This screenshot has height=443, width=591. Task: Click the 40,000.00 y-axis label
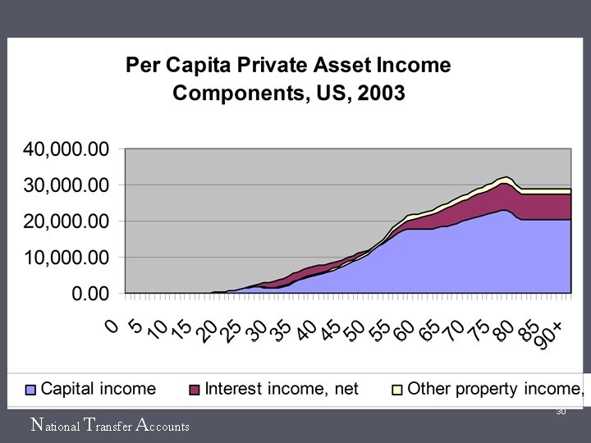66,149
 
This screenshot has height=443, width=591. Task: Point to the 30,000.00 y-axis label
66,185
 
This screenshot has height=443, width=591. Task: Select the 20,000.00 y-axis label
66,221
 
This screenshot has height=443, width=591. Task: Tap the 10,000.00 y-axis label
66,258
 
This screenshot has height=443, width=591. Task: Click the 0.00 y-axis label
90,294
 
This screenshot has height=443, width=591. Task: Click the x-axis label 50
355,331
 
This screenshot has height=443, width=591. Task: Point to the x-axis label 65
428,331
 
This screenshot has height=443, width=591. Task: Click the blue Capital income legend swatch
30,390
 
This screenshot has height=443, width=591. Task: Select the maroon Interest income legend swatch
194,390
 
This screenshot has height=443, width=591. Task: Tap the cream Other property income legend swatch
397,390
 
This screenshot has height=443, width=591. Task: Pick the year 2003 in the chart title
381,93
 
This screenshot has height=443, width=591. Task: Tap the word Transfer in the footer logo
108,425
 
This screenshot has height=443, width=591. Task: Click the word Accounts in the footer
163,425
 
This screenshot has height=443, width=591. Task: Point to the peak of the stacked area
506,176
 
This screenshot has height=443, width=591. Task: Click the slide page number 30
561,411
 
